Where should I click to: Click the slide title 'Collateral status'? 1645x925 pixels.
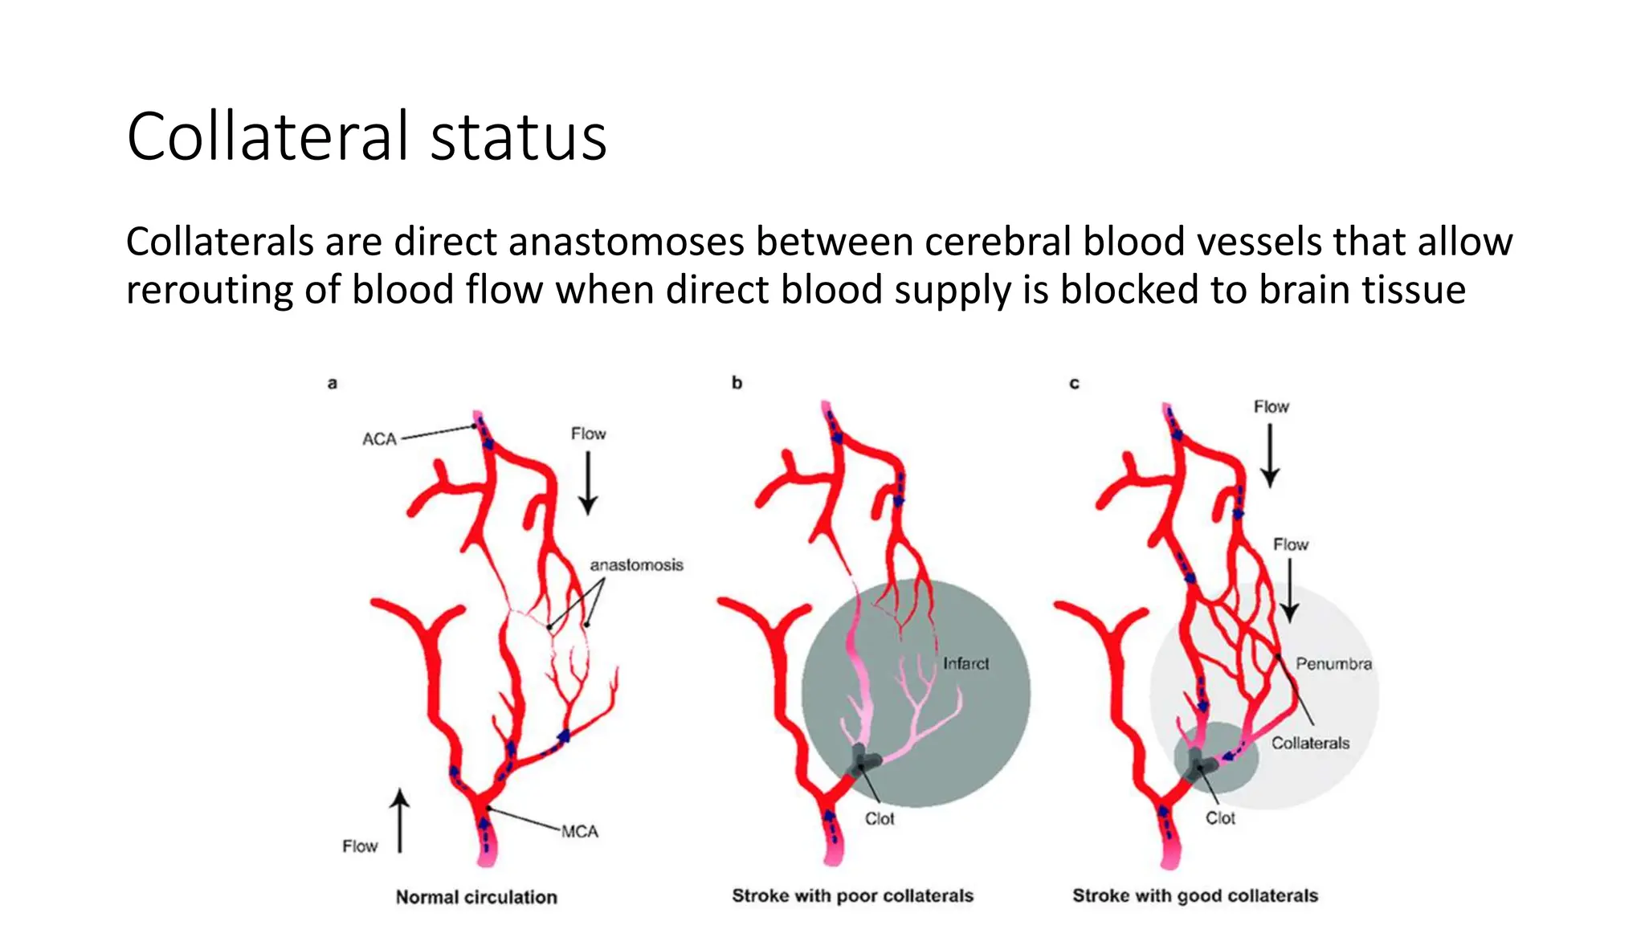coord(366,137)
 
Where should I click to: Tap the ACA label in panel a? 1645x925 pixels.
coord(379,439)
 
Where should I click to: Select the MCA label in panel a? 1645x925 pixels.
coord(579,831)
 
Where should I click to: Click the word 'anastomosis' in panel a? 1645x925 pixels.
coord(636,565)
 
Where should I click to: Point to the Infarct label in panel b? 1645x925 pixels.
coord(965,663)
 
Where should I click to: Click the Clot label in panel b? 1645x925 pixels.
coord(880,818)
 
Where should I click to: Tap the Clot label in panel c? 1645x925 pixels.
coord(1220,817)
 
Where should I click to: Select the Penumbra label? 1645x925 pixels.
coord(1333,664)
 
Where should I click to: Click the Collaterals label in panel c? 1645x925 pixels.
coord(1310,743)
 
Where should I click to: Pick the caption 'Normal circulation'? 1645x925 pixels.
coord(476,897)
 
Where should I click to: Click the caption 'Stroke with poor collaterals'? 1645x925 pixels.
coord(852,895)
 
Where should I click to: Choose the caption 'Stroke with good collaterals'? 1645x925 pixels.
coord(1195,895)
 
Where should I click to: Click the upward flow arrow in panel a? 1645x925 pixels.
coord(400,820)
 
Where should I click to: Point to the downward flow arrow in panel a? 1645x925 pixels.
coord(588,483)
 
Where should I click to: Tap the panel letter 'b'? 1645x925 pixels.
coord(737,383)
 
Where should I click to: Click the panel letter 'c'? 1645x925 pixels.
coord(1074,383)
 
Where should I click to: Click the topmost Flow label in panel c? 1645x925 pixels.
coord(1271,407)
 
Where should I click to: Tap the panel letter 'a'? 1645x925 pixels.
coord(332,383)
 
